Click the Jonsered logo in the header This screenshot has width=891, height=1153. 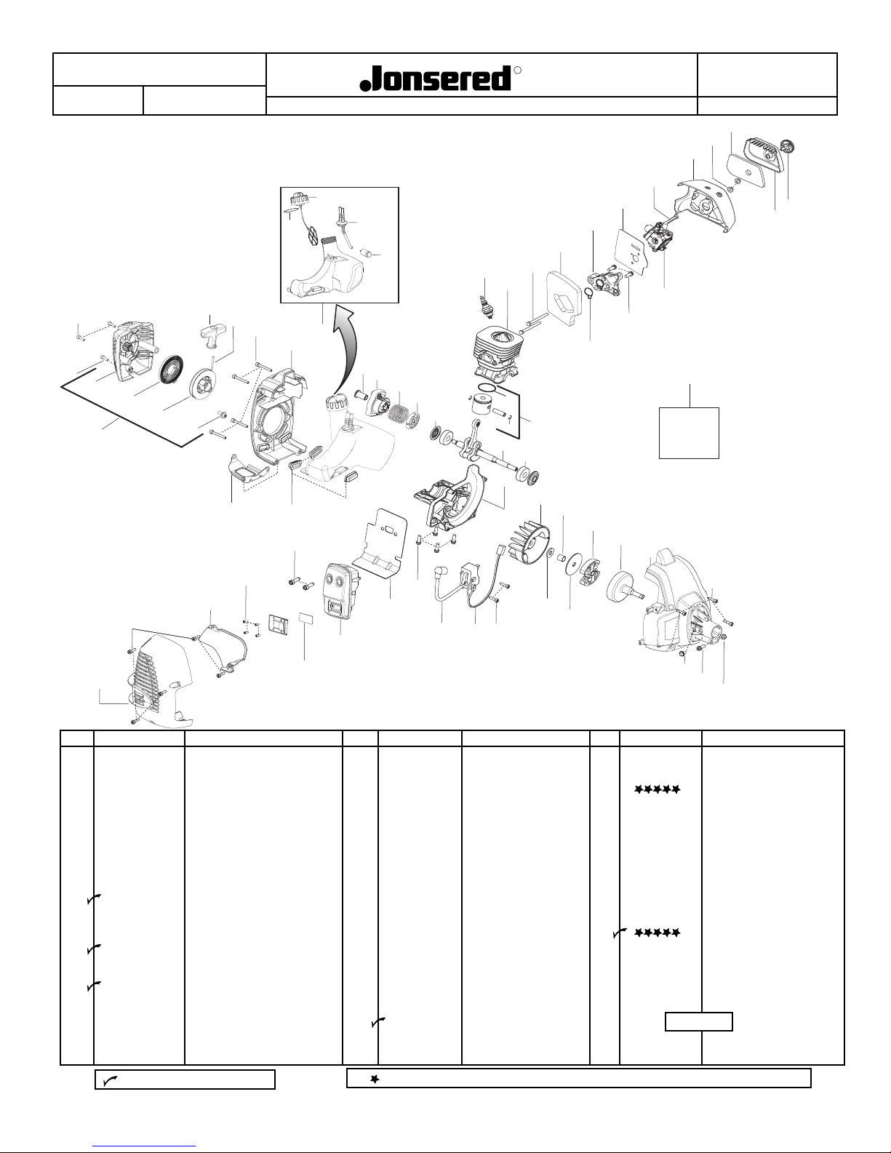tap(436, 79)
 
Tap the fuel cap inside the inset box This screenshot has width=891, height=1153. tap(300, 198)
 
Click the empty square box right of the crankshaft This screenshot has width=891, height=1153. tap(689, 432)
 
